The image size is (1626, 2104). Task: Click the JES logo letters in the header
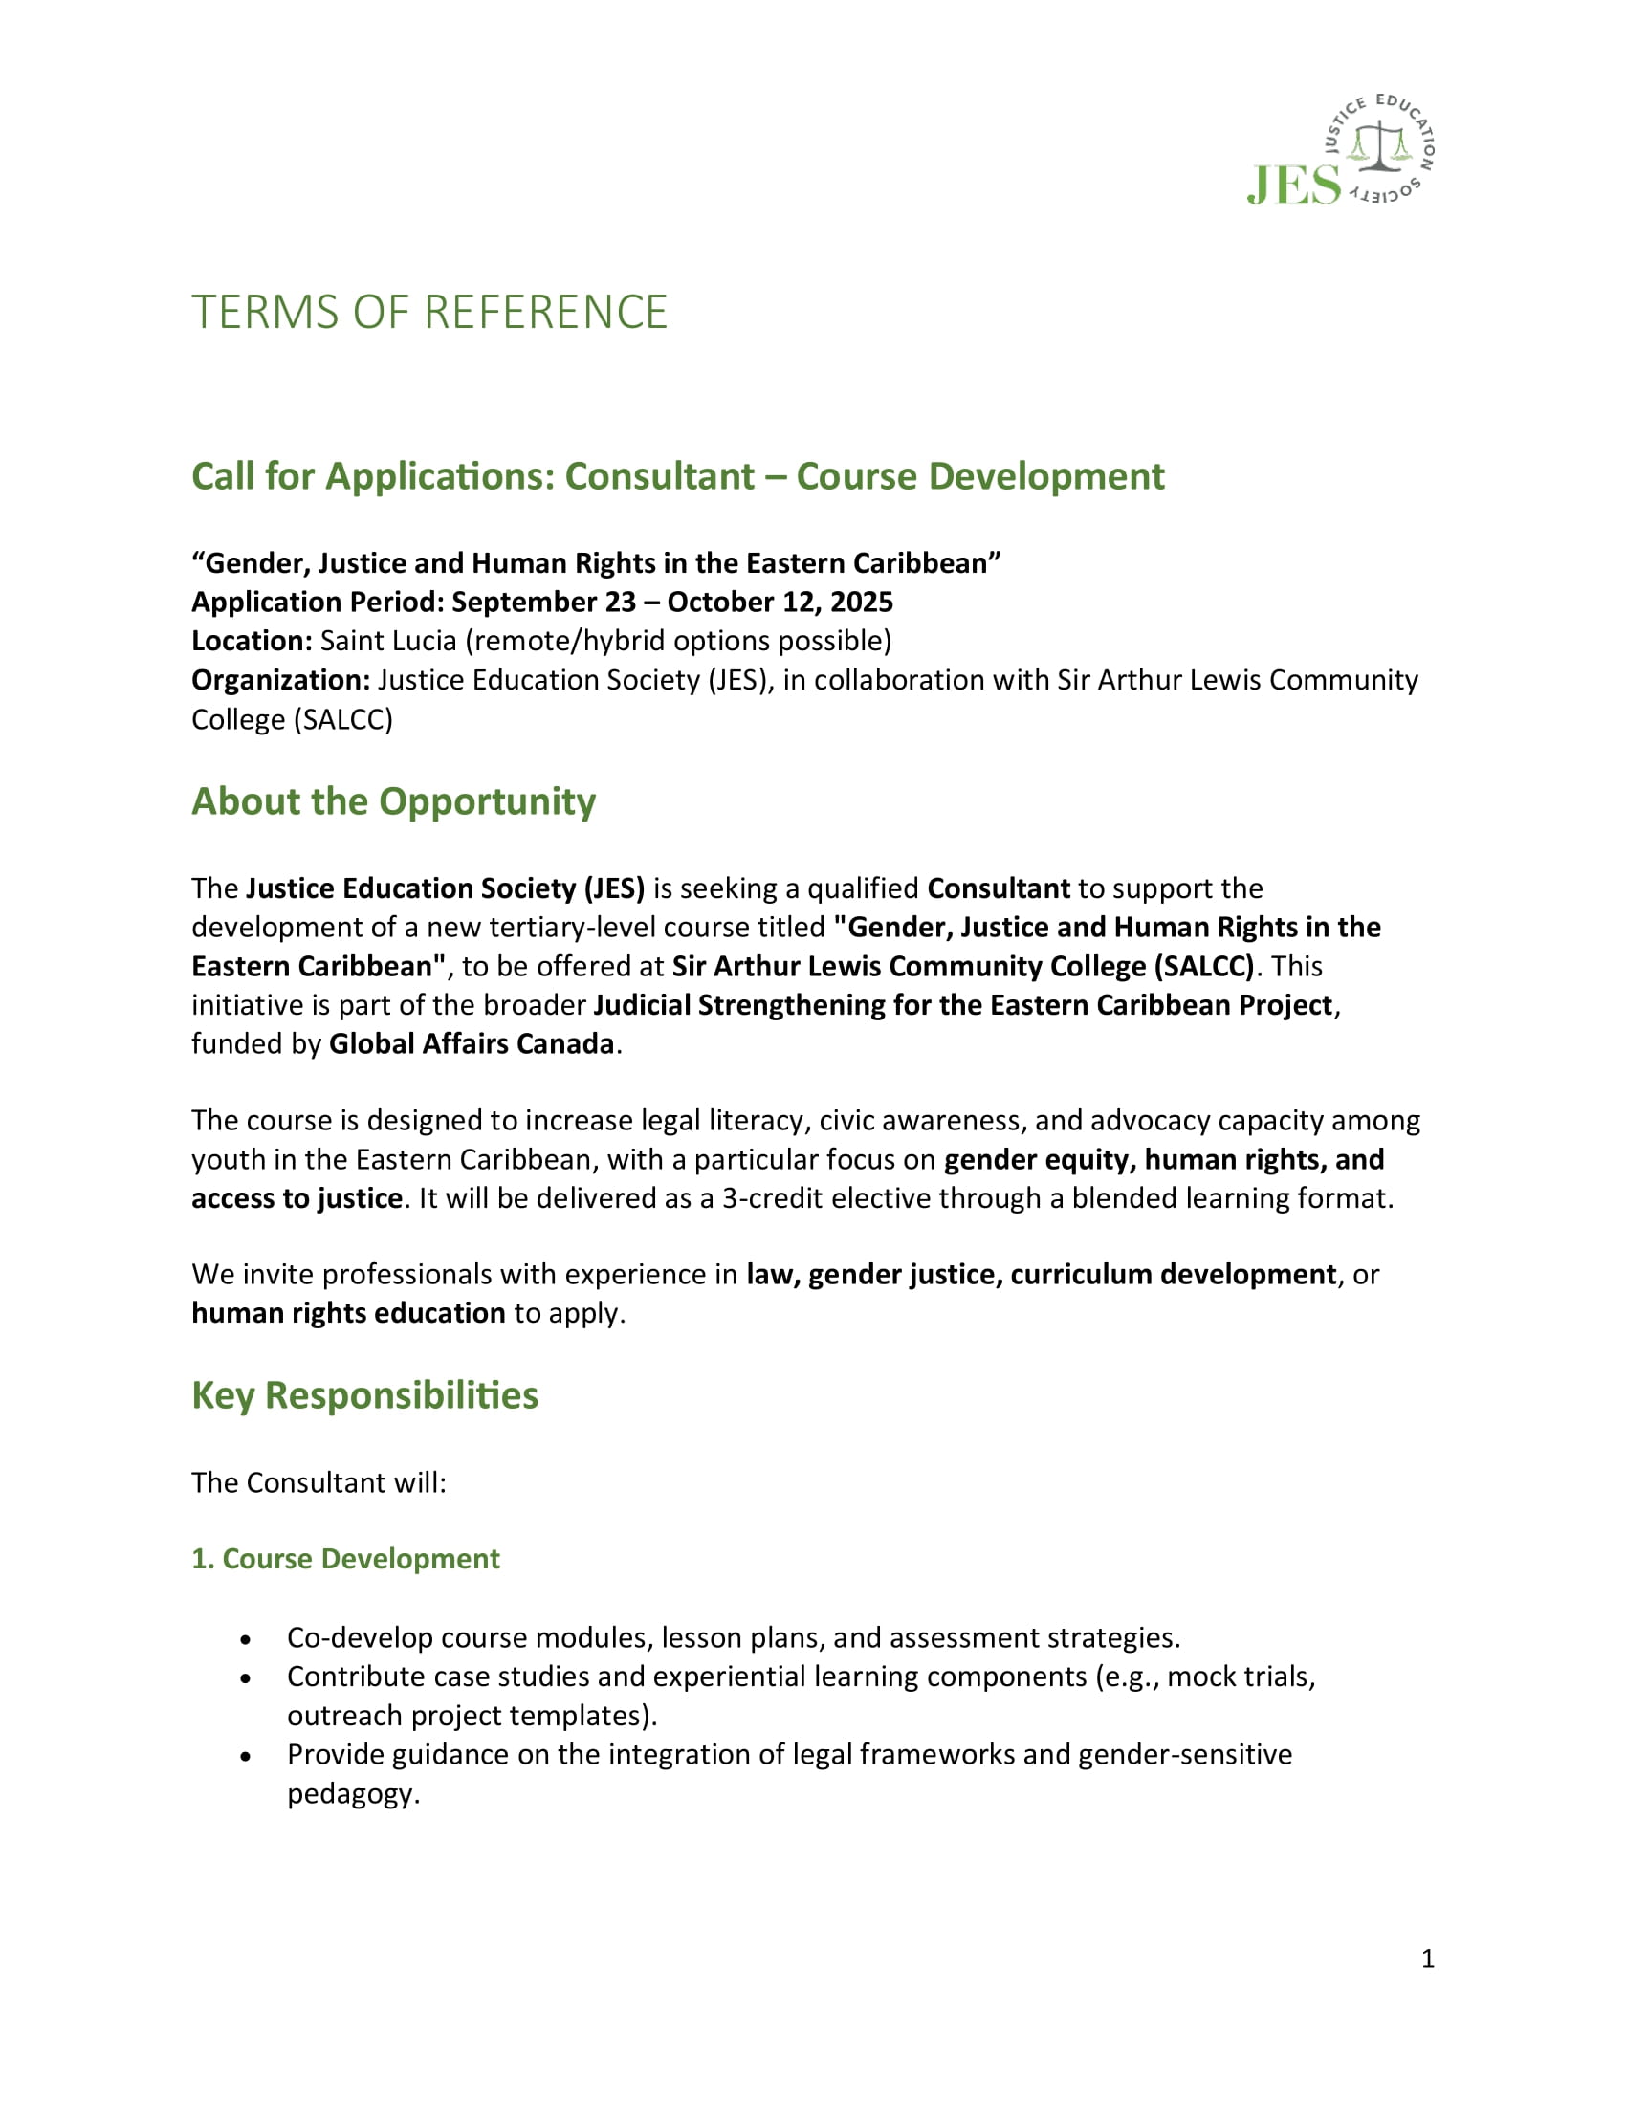(1294, 184)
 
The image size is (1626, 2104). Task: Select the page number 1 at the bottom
(1428, 1959)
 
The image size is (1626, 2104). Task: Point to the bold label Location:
(252, 641)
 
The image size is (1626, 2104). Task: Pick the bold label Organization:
(280, 680)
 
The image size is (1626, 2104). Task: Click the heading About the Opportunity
(393, 801)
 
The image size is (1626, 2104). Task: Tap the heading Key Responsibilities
(364, 1395)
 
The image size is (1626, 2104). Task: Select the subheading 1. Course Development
(346, 1559)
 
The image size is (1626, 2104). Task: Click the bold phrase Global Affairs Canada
(471, 1043)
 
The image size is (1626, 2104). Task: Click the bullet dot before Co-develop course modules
(247, 1638)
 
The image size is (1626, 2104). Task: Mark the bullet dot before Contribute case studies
(247, 1678)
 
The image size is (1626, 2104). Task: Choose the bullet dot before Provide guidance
(247, 1756)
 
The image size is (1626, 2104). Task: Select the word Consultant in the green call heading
(660, 476)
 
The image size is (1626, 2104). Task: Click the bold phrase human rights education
(348, 1313)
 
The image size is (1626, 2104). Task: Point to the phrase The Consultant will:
(319, 1481)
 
